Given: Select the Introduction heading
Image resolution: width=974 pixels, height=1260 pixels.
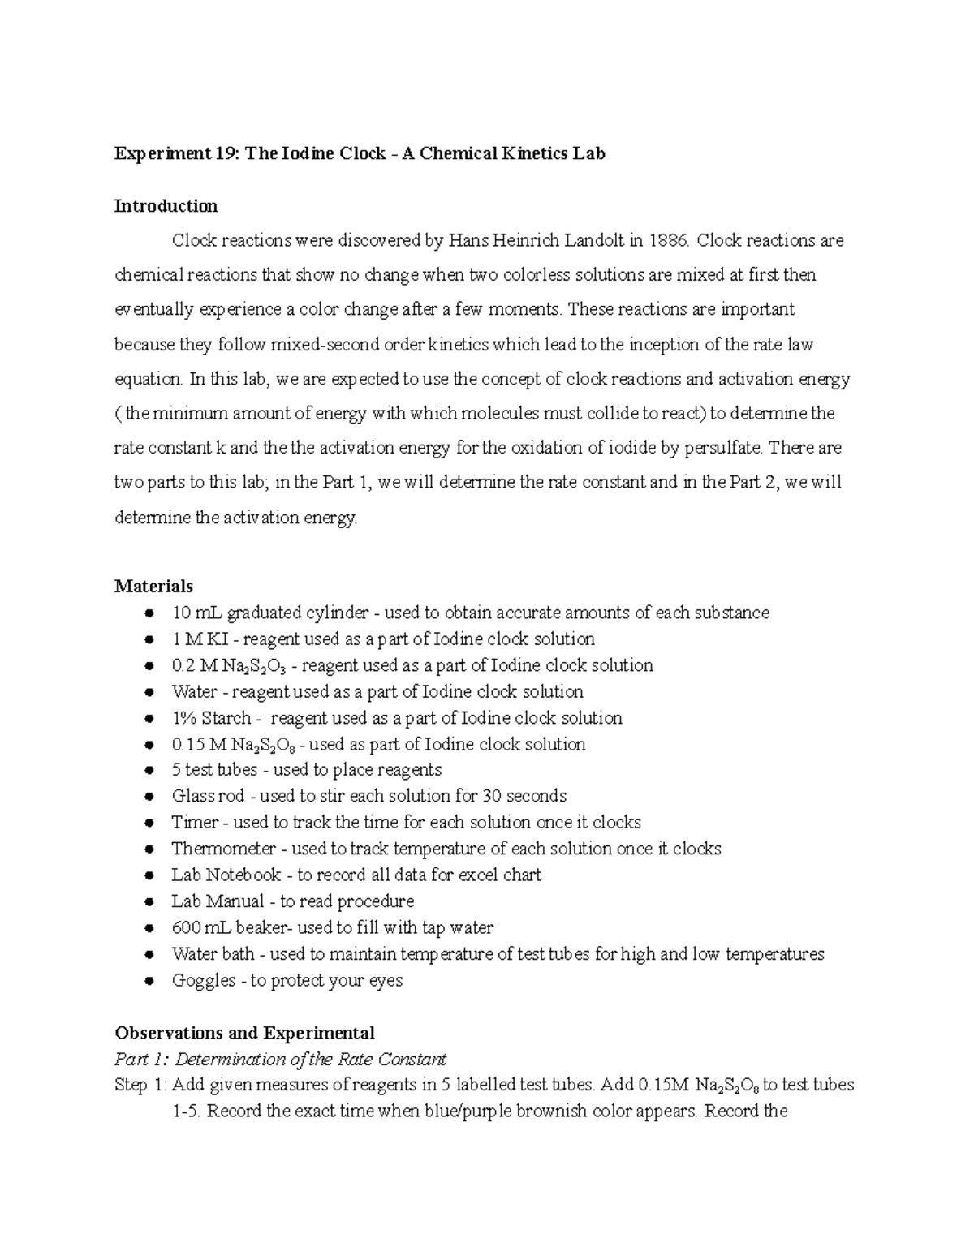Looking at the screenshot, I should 166,206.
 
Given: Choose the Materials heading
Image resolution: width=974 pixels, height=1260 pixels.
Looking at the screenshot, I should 154,586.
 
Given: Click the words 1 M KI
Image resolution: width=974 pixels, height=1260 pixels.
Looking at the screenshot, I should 199,639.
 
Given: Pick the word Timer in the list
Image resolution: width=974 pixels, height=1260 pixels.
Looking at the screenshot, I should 195,822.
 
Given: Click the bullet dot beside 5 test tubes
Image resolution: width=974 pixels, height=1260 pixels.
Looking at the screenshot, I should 149,771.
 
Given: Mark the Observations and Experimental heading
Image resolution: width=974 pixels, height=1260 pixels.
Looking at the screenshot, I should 244,1033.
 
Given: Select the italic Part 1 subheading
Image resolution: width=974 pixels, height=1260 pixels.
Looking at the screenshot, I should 280,1060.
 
